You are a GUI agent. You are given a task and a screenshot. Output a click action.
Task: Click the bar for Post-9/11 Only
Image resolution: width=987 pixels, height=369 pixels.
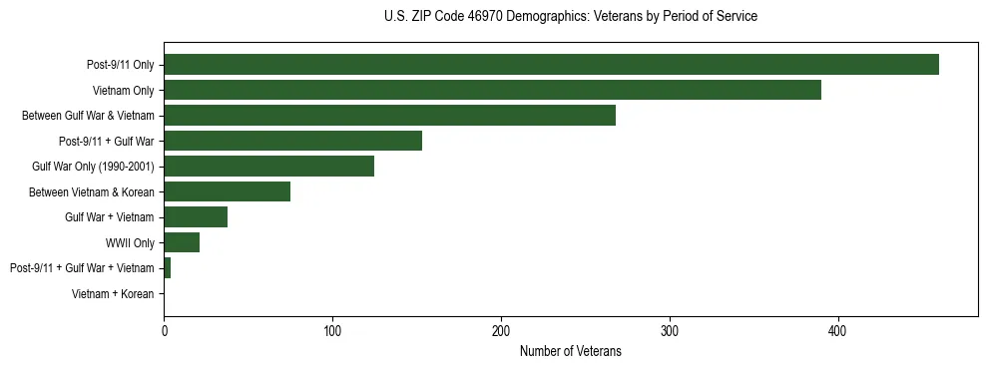tap(551, 65)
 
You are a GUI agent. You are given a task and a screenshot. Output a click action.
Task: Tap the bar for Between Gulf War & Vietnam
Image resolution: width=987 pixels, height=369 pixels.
tap(389, 116)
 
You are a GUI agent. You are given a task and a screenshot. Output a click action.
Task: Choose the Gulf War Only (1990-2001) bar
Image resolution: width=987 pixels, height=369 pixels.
tap(268, 167)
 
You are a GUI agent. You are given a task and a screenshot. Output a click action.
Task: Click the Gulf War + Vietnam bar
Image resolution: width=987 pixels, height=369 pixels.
tap(196, 217)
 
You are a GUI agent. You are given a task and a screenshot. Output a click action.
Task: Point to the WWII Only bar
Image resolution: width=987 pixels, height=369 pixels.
tap(182, 242)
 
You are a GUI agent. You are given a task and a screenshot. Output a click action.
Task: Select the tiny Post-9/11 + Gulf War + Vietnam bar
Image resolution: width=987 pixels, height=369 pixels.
tap(167, 268)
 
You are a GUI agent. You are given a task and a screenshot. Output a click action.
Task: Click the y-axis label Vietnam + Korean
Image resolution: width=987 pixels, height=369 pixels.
tap(113, 294)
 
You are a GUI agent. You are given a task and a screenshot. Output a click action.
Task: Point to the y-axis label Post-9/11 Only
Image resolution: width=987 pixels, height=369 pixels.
tap(120, 65)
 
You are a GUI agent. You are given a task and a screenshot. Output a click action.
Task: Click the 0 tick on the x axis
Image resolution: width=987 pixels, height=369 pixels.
tap(164, 330)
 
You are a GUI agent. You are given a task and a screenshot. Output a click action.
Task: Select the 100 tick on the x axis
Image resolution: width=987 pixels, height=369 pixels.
tap(332, 330)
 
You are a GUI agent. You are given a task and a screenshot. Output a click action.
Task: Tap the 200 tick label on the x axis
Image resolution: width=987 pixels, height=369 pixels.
tap(501, 330)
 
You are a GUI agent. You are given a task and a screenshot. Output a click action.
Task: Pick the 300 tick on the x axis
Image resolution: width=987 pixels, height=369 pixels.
tap(670, 330)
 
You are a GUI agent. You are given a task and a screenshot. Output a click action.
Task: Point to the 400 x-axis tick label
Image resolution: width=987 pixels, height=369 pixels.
tap(838, 330)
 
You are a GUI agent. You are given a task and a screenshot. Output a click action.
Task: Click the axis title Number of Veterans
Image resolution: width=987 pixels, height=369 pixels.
tap(570, 351)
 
